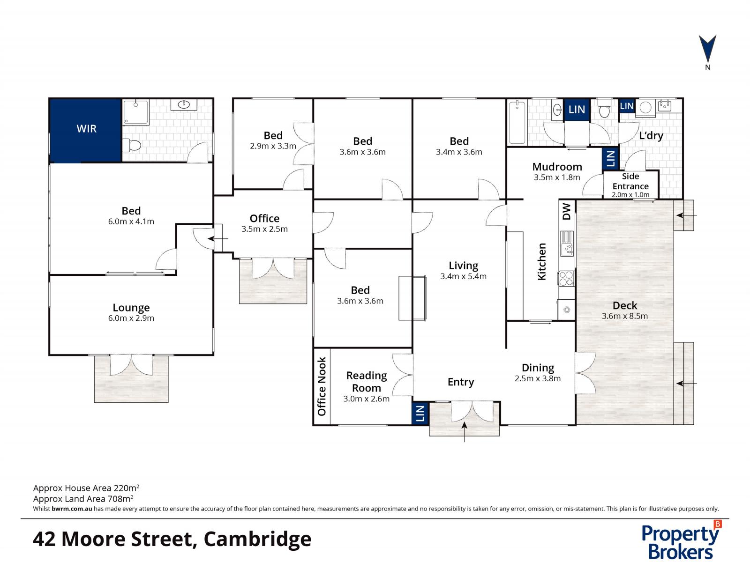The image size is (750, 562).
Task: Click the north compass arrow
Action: click(x=707, y=48)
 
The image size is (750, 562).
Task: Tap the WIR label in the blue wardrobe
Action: click(x=86, y=129)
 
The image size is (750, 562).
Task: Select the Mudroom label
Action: click(x=557, y=167)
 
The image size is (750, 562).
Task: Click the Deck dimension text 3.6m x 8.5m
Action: click(x=625, y=316)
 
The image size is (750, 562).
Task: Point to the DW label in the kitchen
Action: click(x=567, y=211)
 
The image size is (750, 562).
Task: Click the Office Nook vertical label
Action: click(x=322, y=386)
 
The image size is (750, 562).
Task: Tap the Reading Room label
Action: click(x=367, y=382)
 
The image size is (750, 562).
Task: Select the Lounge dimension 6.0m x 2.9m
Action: click(x=131, y=318)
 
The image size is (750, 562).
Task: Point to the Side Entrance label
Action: click(x=630, y=181)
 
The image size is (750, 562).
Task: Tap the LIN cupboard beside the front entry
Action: click(x=420, y=414)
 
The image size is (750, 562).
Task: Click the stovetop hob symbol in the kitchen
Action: click(x=566, y=278)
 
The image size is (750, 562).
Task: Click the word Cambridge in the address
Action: click(x=257, y=539)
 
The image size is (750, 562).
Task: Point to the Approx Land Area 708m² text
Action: click(x=83, y=499)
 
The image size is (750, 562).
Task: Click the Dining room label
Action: click(x=538, y=368)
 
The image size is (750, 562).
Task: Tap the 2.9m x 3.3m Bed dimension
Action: click(x=273, y=146)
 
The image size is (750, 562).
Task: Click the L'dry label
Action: click(x=651, y=136)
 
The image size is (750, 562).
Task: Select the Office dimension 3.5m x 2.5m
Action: click(x=264, y=229)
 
